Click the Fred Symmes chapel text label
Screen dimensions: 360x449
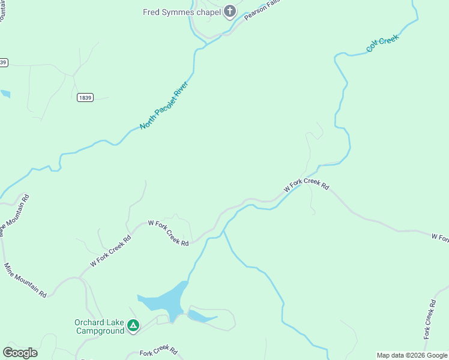(181, 11)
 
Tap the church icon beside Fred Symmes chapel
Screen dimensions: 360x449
(229, 11)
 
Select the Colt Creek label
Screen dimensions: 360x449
(382, 43)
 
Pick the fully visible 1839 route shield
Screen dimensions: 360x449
(85, 98)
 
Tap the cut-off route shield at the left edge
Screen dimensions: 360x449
(3, 62)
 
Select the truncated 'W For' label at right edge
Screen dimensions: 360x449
(439, 238)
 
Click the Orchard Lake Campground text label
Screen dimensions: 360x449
(100, 326)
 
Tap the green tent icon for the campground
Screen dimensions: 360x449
(133, 326)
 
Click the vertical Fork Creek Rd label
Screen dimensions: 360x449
(429, 318)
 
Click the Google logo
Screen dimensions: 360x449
(20, 353)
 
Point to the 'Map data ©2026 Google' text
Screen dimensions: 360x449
(412, 355)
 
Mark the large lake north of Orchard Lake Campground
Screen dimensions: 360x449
(165, 303)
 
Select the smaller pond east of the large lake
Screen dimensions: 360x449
(201, 316)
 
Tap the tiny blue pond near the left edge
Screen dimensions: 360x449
(5, 94)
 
